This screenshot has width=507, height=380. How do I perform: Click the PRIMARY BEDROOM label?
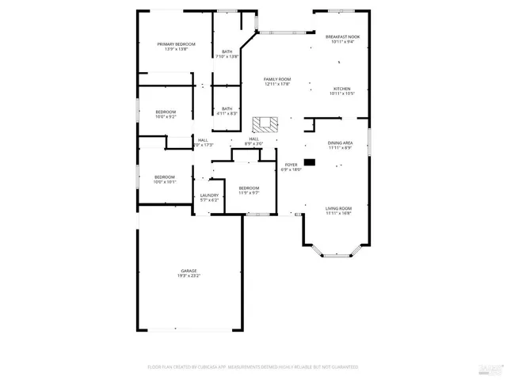(x=176, y=44)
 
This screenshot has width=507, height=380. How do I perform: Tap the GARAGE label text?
(x=189, y=271)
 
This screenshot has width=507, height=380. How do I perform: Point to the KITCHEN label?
(x=341, y=89)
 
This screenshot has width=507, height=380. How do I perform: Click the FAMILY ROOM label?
(x=277, y=79)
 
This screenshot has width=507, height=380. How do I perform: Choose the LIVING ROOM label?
(x=339, y=208)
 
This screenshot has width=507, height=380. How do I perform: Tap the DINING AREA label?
(x=339, y=143)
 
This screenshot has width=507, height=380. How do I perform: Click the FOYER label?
(x=291, y=165)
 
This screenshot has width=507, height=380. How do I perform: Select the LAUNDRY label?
(x=209, y=196)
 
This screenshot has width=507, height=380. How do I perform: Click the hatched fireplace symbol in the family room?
(x=265, y=124)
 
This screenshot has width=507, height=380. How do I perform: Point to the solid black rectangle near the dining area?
(x=309, y=162)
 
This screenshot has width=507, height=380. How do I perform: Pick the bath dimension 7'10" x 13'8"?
(x=227, y=57)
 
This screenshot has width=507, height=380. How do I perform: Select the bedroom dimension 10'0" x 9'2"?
(x=166, y=117)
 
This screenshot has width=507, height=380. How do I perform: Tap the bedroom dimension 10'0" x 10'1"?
(x=165, y=182)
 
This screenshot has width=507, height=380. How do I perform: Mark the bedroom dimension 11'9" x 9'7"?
(x=250, y=192)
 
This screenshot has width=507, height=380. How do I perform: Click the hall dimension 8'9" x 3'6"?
(x=253, y=144)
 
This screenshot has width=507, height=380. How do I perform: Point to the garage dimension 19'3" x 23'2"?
(x=189, y=275)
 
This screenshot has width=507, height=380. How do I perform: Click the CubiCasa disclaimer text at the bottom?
(x=253, y=367)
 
